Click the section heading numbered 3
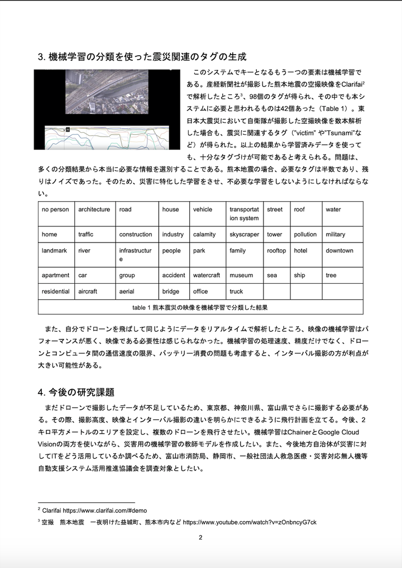pyautogui.click(x=142, y=57)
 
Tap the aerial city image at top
pyautogui.click(x=108, y=109)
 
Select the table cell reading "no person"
pyautogui.click(x=55, y=210)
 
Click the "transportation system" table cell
pyautogui.click(x=244, y=214)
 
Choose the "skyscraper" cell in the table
pyautogui.click(x=244, y=235)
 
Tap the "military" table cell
pyautogui.click(x=336, y=235)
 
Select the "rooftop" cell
pyautogui.click(x=276, y=251)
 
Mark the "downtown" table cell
pyautogui.click(x=339, y=251)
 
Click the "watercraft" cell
pyautogui.click(x=207, y=275)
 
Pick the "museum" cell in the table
pyautogui.click(x=241, y=275)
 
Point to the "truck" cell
pyautogui.click(x=236, y=292)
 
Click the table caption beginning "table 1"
pyautogui.click(x=200, y=308)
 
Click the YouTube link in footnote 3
pyautogui.click(x=250, y=522)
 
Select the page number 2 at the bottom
pyautogui.click(x=200, y=538)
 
